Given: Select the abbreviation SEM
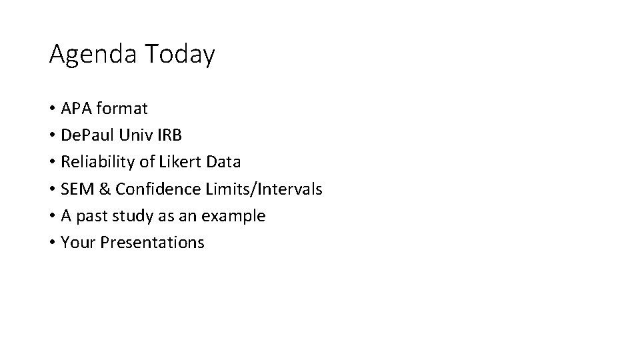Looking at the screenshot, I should click(x=76, y=189).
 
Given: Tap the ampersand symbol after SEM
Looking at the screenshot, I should click(x=103, y=189).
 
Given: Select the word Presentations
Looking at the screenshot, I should click(x=152, y=243).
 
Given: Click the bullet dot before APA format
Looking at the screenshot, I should click(x=52, y=109).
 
